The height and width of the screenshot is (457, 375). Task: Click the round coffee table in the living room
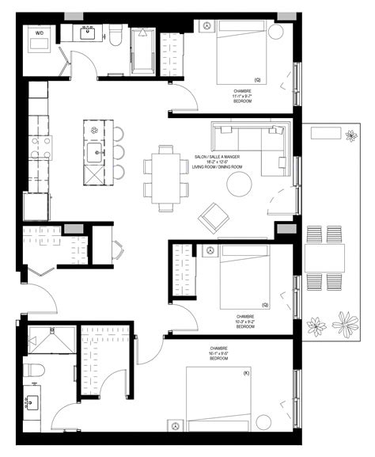(239, 185)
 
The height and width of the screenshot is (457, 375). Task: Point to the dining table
(166, 177)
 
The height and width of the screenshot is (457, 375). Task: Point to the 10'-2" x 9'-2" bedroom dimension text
(244, 322)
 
